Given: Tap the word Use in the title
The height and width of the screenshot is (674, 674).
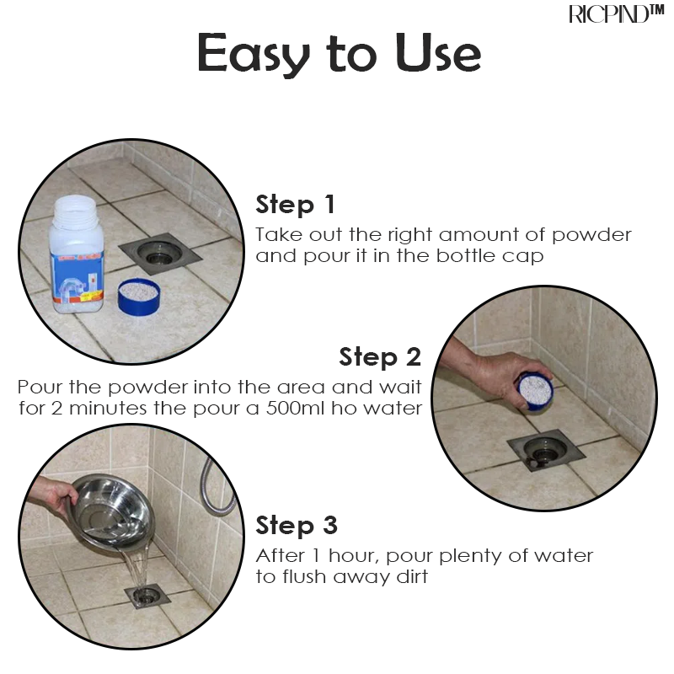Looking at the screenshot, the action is tap(438, 53).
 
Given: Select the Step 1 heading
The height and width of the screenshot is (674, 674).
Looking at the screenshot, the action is tap(295, 205).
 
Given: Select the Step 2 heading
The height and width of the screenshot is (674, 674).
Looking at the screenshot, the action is tap(380, 357).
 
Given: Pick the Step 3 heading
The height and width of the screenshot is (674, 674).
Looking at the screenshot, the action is tap(297, 526).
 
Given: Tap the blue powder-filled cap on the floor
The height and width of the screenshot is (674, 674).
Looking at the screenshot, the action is tap(139, 297).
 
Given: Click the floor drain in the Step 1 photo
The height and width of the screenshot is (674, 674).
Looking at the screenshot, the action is tap(160, 254).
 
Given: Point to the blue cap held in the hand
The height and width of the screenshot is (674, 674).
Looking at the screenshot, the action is tap(536, 391).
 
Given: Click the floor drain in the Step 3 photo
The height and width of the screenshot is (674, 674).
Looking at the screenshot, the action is tap(147, 595).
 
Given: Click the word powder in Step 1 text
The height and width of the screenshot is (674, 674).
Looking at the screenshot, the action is tap(591, 236).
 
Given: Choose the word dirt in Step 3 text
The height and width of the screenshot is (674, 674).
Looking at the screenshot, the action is tap(412, 576).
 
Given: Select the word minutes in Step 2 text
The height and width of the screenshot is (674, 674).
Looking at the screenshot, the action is tap(108, 409).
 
